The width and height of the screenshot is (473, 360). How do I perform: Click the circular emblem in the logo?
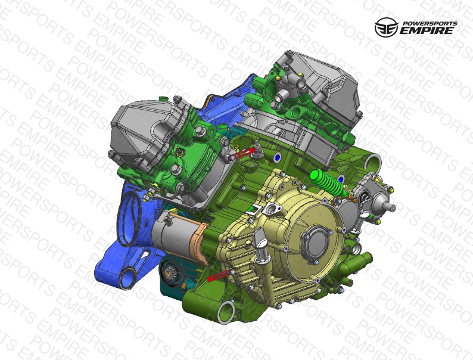click(387, 27)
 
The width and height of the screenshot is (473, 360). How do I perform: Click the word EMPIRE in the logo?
click(427, 30)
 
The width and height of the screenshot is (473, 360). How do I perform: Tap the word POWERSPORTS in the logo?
click(430, 23)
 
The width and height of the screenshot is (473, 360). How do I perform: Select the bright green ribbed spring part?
click(328, 182)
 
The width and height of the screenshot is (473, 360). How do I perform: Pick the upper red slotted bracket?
click(241, 154)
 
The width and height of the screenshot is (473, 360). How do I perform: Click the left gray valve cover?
click(142, 131)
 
